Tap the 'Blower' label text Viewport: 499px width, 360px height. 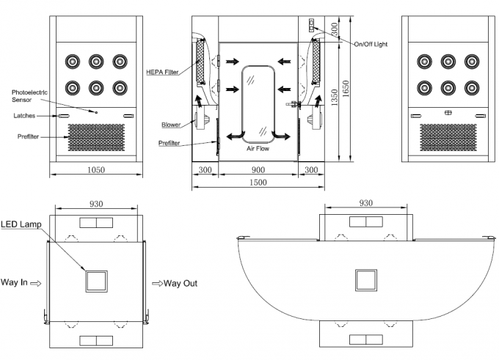[x=172, y=125]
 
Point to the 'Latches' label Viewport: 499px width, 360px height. [x=24, y=115]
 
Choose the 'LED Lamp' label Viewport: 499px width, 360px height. [x=21, y=224]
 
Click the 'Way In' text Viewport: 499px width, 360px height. [x=15, y=282]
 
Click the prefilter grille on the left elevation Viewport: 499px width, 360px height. [x=96, y=137]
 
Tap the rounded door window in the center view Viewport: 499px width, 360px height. [x=258, y=103]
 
